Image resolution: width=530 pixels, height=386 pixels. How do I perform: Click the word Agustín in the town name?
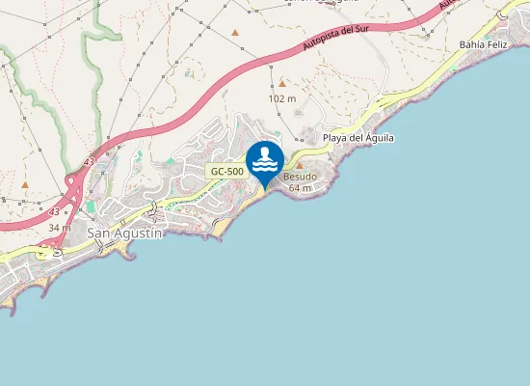point(137,233)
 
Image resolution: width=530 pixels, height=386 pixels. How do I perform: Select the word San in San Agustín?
point(98,233)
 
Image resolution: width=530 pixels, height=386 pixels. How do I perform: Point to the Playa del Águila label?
point(358,138)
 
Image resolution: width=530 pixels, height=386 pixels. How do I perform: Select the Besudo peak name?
point(300,178)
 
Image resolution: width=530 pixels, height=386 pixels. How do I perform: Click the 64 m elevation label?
point(300,187)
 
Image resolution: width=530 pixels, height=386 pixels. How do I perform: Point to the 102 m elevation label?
point(281,98)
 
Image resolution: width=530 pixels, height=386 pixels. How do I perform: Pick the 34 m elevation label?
point(59,227)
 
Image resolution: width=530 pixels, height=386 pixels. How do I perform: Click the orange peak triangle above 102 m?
point(282,84)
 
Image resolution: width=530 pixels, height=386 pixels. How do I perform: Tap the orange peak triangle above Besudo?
point(299,166)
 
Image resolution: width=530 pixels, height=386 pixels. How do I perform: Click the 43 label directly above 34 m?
point(54,211)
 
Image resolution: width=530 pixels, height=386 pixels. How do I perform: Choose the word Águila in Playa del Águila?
point(379,138)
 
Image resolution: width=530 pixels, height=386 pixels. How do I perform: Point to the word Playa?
point(334,138)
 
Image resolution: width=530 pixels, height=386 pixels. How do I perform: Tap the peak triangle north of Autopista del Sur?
point(235,33)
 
